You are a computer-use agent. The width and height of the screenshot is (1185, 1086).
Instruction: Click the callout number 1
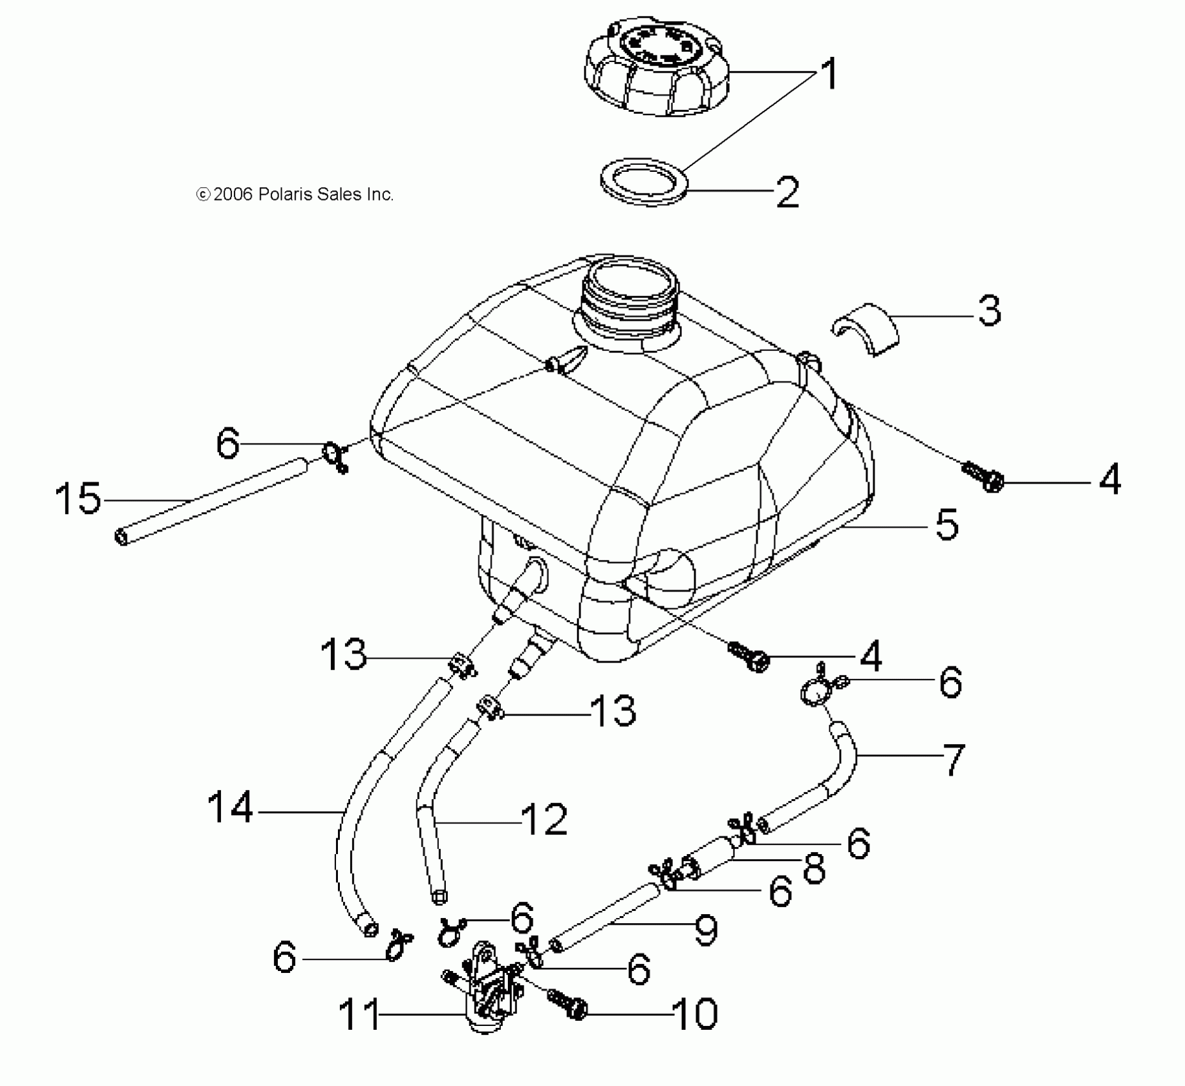point(828,74)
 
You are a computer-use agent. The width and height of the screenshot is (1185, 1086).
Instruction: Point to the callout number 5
point(947,525)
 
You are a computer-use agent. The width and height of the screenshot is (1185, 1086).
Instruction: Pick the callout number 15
point(78,499)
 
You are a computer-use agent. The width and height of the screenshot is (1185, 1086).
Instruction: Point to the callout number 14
point(231,807)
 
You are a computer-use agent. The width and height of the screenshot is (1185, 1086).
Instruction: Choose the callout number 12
point(544,820)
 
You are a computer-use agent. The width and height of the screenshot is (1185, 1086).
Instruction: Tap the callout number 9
point(705,931)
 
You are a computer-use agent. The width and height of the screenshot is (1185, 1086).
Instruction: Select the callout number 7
point(953,759)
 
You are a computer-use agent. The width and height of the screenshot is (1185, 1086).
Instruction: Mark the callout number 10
point(695,1014)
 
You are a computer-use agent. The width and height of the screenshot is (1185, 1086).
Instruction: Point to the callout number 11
point(358,1014)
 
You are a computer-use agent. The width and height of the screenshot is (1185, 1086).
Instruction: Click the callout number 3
point(989,311)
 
